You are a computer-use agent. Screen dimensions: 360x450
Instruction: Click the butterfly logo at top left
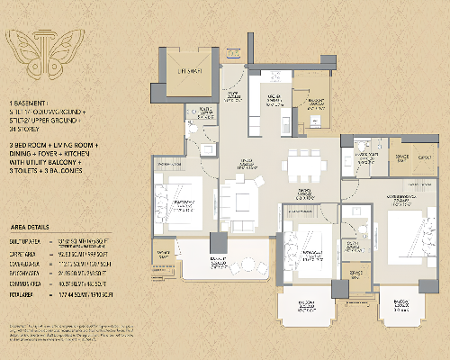point(35,49)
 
